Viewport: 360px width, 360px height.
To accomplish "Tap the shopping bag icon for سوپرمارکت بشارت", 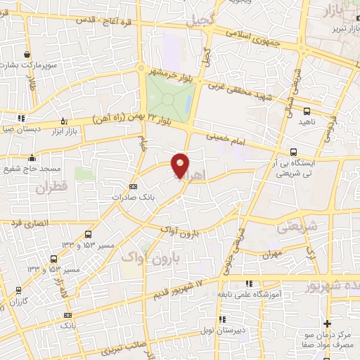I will (27, 54).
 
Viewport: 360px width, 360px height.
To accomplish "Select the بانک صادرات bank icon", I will (134, 186).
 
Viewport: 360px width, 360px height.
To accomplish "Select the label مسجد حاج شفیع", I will (31, 169).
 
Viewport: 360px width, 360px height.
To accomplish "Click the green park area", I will (169, 98).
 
